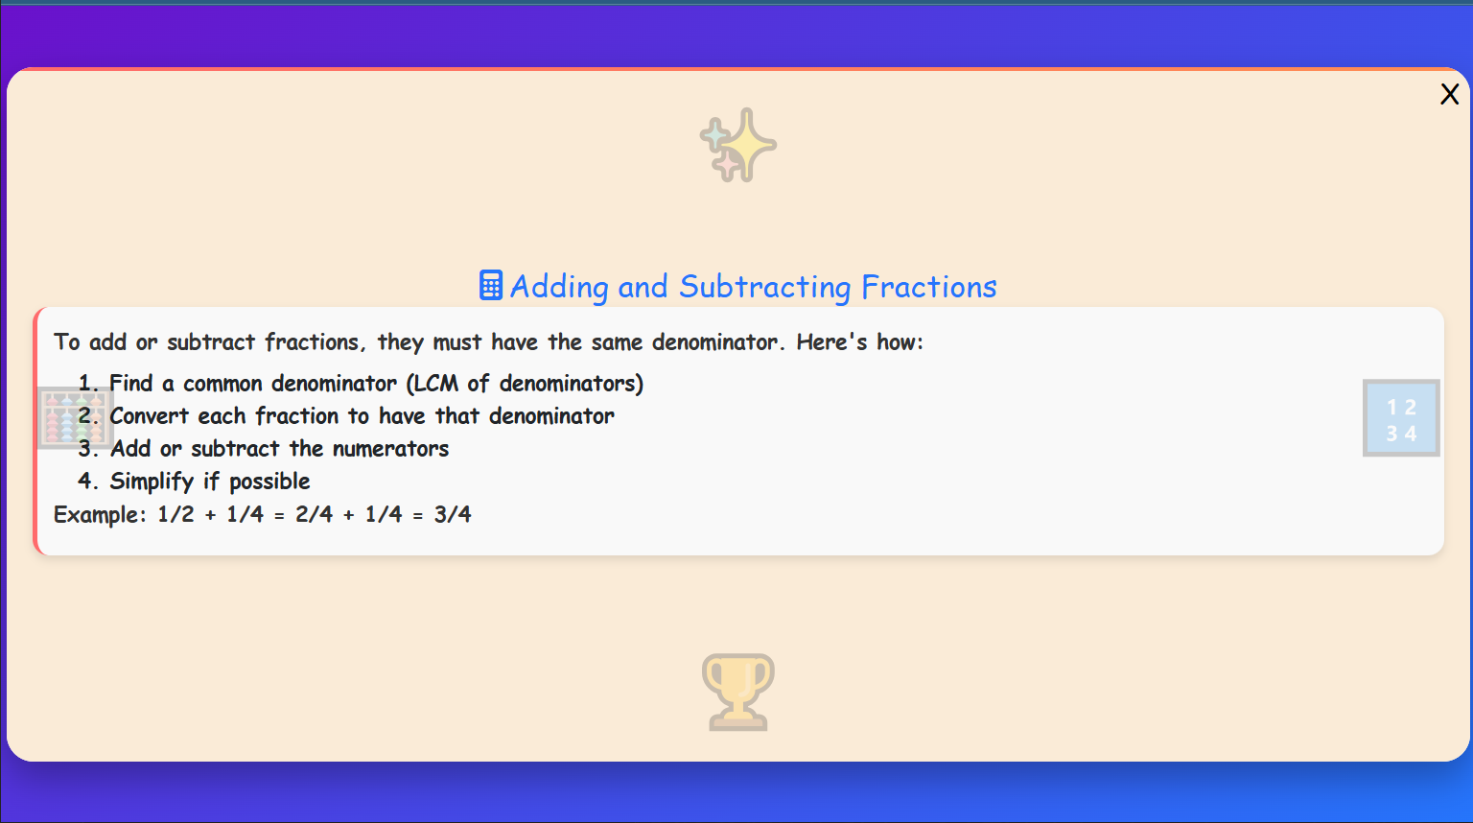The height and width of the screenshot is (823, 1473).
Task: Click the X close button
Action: coord(1449,94)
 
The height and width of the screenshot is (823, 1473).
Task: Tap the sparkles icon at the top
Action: coord(737,145)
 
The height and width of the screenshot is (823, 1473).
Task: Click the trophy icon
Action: coord(737,692)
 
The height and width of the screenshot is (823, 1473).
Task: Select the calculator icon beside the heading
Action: coord(490,286)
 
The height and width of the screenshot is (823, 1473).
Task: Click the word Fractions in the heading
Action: coord(928,287)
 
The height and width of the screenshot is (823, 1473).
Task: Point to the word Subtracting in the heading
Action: coord(764,287)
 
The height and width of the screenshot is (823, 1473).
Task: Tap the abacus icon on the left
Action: coord(75,418)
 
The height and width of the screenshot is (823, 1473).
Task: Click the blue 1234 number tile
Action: coord(1401,418)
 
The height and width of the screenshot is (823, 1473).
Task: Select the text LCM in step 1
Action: coord(435,384)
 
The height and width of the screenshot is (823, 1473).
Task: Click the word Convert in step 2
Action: coord(149,416)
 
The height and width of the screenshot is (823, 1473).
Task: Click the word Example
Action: coord(97,515)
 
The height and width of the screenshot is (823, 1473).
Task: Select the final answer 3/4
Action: coord(453,515)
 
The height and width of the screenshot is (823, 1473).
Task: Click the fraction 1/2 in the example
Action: coord(175,515)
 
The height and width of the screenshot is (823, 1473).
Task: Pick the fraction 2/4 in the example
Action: coord(314,515)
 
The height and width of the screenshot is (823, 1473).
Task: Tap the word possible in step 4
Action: coord(269,482)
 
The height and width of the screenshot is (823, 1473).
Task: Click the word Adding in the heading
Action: coord(559,287)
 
